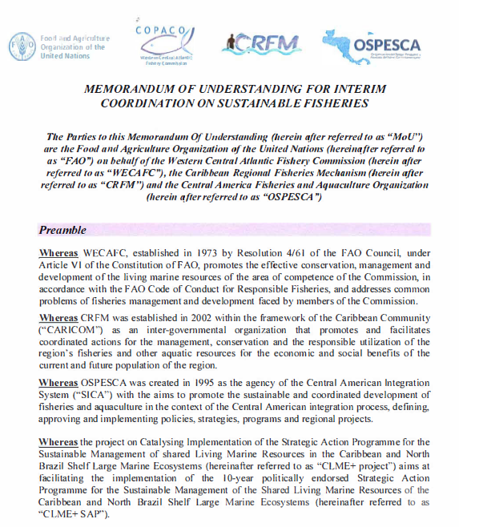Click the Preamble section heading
coord(63,231)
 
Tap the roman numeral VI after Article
coord(79,267)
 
